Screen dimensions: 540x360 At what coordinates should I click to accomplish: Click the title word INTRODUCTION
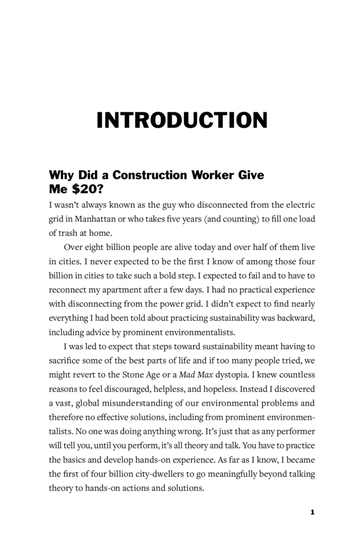tap(182, 120)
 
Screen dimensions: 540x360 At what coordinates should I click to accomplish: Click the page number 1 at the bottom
tap(313, 512)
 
